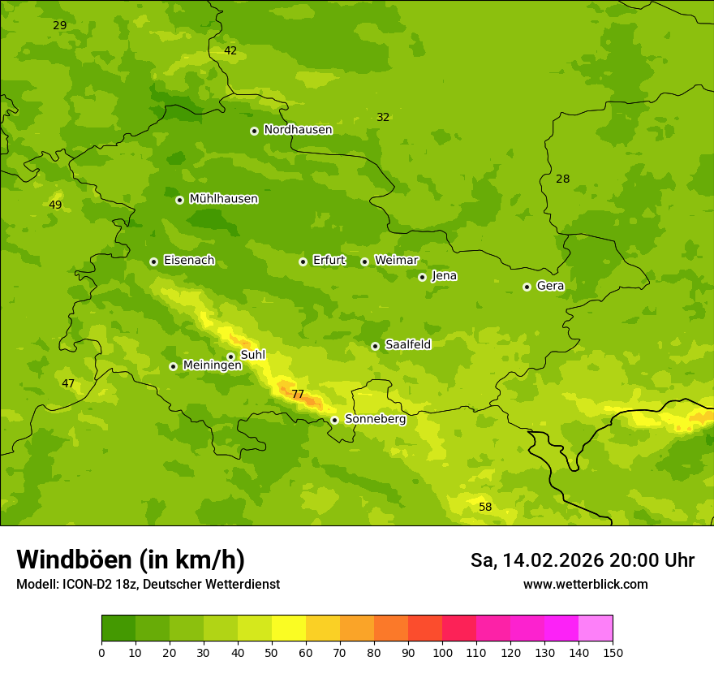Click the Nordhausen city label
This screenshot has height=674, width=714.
298,130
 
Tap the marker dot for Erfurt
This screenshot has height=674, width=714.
303,261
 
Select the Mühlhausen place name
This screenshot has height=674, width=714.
223,199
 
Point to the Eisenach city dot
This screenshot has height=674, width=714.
153,261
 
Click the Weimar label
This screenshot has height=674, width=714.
396,261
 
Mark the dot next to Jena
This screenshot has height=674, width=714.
422,277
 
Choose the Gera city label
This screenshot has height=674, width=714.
550,286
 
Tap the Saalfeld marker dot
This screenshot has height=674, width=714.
375,346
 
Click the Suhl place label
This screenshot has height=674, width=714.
252,355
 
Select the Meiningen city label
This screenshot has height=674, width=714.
212,365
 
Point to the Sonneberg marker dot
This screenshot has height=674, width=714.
334,420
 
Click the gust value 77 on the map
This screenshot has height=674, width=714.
298,395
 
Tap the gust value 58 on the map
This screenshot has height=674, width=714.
485,508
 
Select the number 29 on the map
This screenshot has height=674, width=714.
60,25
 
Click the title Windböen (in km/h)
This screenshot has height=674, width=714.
131,560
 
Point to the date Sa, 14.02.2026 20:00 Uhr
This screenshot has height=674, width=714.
582,560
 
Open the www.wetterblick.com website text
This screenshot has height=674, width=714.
585,585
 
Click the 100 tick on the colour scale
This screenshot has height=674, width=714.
442,652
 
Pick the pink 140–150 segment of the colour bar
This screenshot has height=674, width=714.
596,629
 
